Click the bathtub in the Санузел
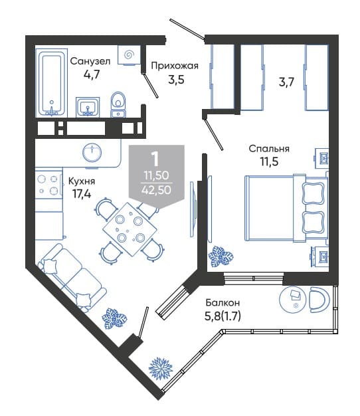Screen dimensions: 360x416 51,82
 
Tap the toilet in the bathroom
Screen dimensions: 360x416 118,104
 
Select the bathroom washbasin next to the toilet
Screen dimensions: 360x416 88,107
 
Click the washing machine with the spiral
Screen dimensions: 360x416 129,55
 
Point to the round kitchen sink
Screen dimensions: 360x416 92,153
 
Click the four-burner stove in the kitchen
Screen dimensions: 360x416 48,183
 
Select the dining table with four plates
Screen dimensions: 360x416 130,229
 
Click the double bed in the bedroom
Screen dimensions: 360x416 286,208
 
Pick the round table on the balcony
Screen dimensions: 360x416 294,299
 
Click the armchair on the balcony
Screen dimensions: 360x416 319,300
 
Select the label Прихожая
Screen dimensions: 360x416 175,66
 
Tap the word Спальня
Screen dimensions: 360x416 269,149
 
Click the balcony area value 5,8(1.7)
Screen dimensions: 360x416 223,316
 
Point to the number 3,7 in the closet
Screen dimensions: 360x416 286,82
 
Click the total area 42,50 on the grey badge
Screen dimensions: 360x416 156,190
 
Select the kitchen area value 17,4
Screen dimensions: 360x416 82,194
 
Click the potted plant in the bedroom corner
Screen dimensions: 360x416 221,257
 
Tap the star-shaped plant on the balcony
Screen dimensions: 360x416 160,369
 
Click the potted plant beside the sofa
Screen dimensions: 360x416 114,318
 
